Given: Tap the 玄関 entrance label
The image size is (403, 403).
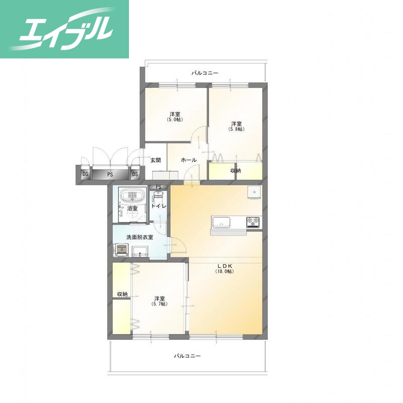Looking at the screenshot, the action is (x=156, y=160).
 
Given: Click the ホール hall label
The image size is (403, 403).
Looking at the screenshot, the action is (x=189, y=160).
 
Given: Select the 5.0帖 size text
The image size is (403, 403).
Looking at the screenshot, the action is (x=175, y=119).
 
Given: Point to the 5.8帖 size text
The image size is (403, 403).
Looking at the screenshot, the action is (x=236, y=129).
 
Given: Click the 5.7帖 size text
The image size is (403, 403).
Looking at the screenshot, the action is (x=159, y=304).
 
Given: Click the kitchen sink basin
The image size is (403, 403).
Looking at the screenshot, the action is (x=221, y=222).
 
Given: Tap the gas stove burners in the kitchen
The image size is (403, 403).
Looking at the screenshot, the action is (x=253, y=222).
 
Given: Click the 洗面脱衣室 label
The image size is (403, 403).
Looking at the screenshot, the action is (x=140, y=237).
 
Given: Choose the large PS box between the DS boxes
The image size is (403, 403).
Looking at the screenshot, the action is (x=110, y=174).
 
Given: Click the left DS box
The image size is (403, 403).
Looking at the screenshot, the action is (x=85, y=174).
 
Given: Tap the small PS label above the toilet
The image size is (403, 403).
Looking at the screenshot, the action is (x=158, y=187).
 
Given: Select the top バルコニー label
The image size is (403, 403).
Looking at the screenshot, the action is (x=205, y=73).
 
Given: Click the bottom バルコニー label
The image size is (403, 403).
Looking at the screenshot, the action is (x=187, y=356).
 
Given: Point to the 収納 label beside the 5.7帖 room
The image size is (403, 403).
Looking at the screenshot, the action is (x=122, y=294).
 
